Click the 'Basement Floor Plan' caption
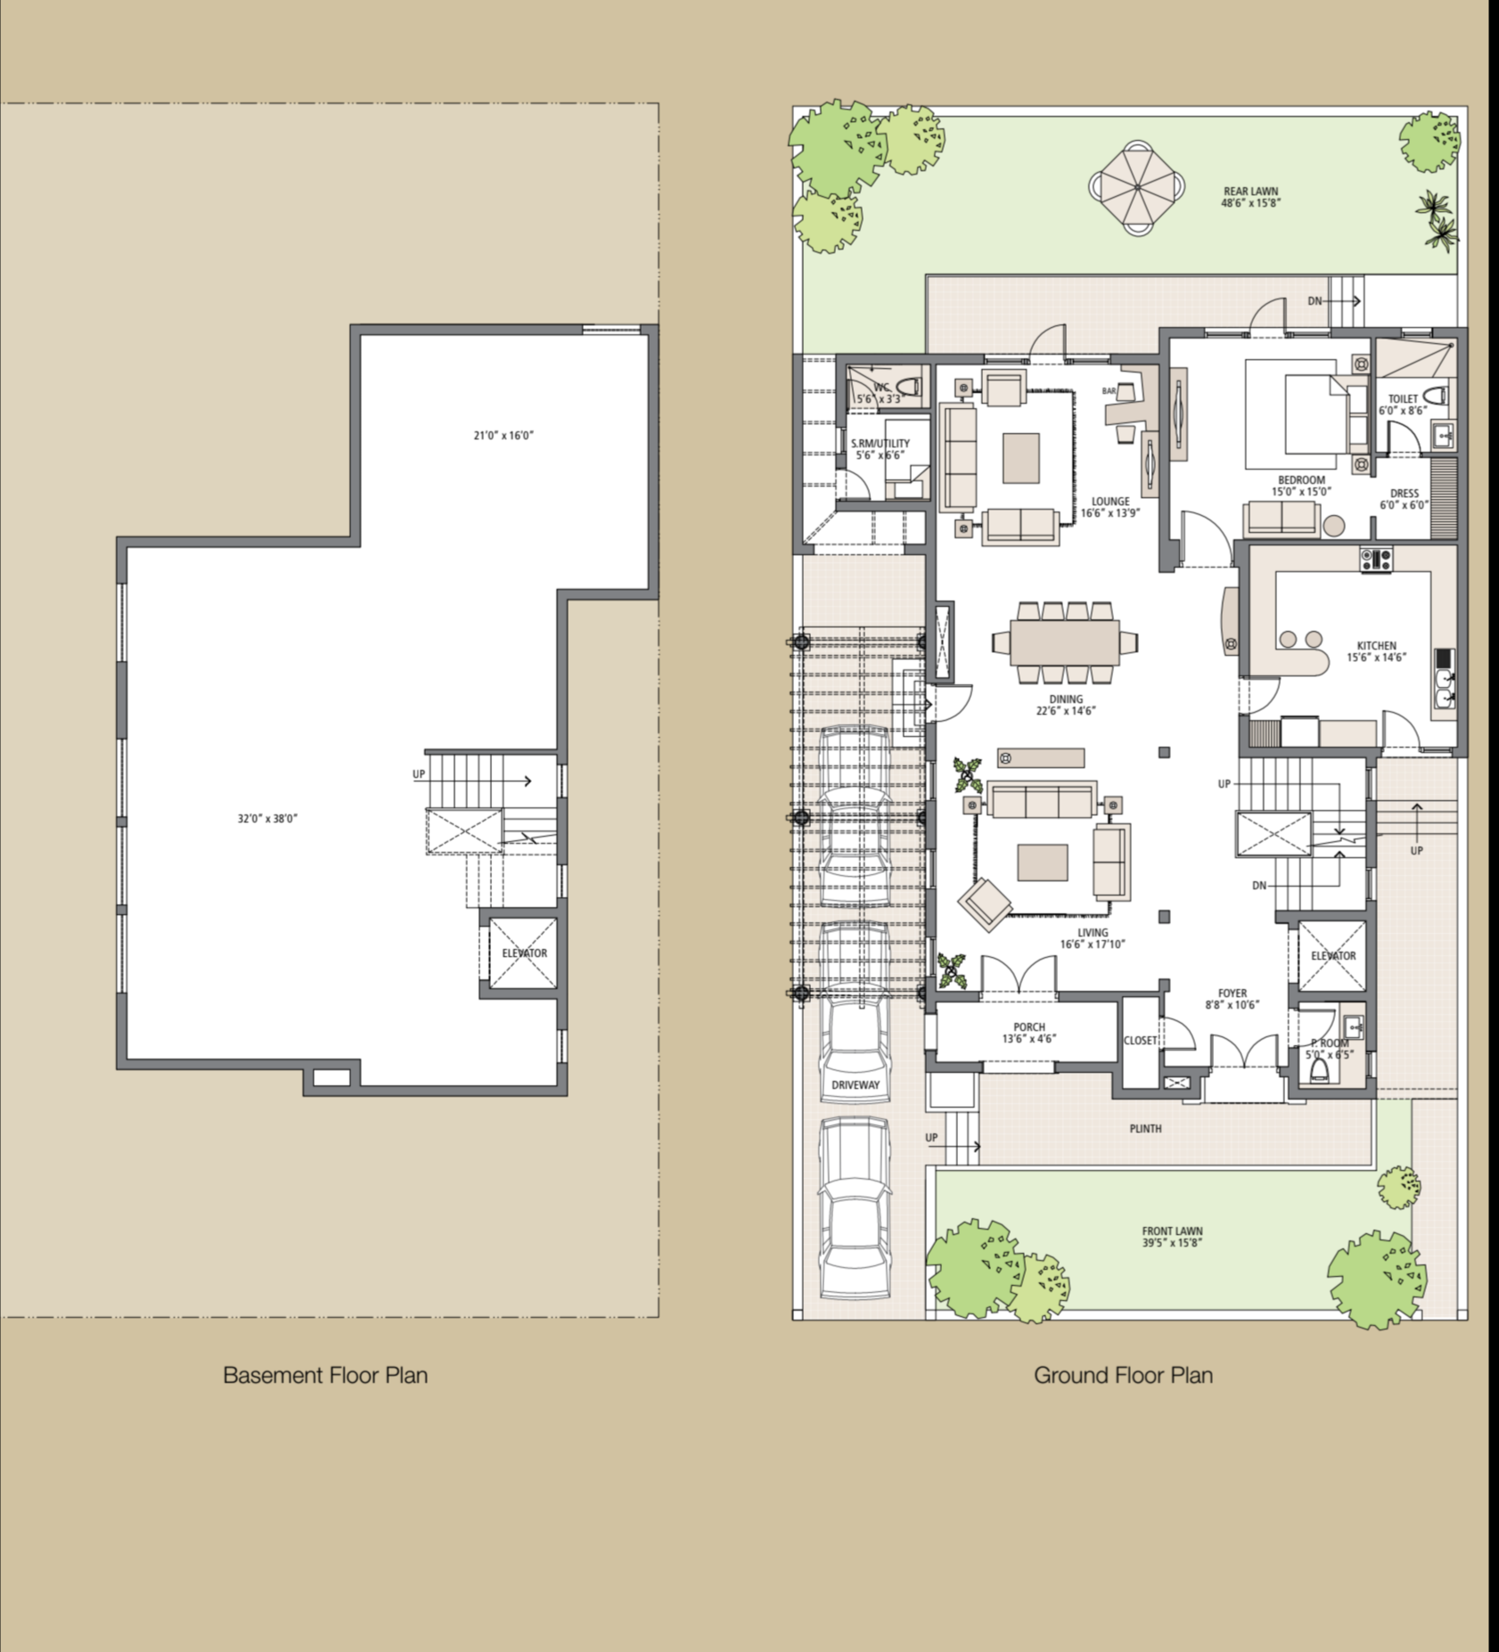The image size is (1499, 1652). pyautogui.click(x=325, y=1375)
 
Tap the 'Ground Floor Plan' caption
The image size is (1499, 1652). pyautogui.click(x=1123, y=1375)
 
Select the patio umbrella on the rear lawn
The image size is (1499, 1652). pyautogui.click(x=1137, y=187)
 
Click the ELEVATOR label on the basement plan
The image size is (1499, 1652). pyautogui.click(x=524, y=953)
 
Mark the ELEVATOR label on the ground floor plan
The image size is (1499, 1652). pyautogui.click(x=1333, y=955)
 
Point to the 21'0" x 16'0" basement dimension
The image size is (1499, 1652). pyautogui.click(x=504, y=436)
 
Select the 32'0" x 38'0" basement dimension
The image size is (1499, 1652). pyautogui.click(x=267, y=818)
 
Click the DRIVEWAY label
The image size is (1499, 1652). pyautogui.click(x=855, y=1084)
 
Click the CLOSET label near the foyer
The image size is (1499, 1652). pyautogui.click(x=1140, y=1040)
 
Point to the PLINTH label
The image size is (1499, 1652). pyautogui.click(x=1145, y=1128)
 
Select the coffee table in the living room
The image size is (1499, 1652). pyautogui.click(x=1043, y=862)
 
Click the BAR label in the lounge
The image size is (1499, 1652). pyautogui.click(x=1109, y=390)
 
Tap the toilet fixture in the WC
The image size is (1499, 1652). pyautogui.click(x=908, y=388)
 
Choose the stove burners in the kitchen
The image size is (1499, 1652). pyautogui.click(x=1375, y=560)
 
